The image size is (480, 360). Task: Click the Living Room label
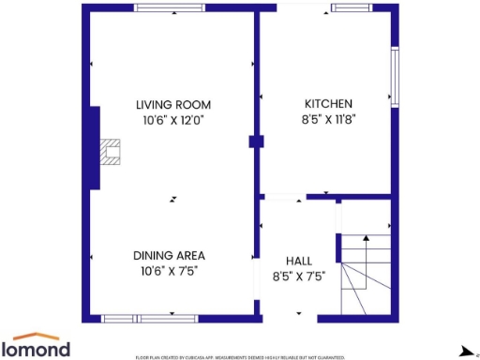coord(172,104)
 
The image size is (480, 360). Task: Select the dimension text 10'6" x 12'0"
coord(172,120)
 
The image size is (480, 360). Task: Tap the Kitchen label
coord(328,103)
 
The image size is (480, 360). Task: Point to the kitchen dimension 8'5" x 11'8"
coord(328,119)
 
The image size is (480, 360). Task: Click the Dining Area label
coord(169,255)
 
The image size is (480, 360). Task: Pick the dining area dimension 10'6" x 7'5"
coord(169,271)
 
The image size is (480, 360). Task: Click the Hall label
coord(299,261)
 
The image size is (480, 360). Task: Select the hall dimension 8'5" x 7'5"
coord(299,277)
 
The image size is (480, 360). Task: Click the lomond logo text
coord(41,350)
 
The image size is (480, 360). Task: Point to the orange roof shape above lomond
coord(40,336)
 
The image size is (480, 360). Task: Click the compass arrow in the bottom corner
coord(465,351)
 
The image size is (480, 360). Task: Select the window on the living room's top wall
coord(170,7)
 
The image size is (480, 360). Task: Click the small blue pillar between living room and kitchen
coord(254,142)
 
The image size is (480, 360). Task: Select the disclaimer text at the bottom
coord(240,357)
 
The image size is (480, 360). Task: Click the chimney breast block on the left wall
coord(93,148)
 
